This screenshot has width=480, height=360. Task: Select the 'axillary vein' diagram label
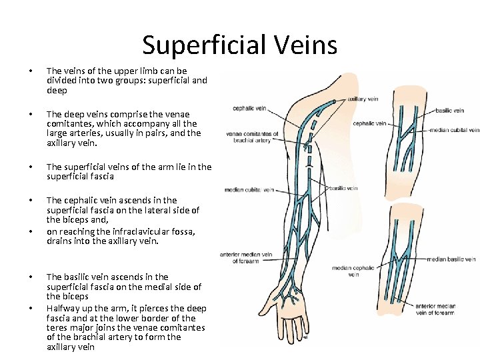coord(363,99)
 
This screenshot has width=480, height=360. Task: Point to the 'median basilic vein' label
coord(451,259)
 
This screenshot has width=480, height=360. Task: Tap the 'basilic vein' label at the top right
coord(449,110)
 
